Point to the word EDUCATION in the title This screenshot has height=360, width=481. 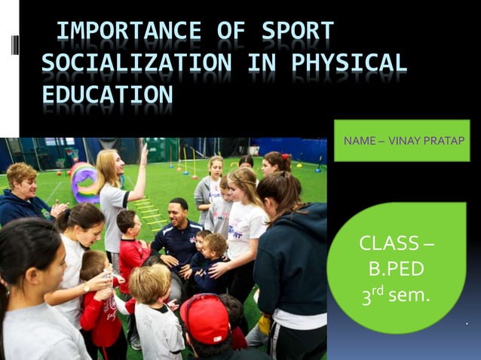click(x=106, y=96)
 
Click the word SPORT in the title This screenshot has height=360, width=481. click(x=297, y=32)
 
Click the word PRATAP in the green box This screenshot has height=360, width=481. click(x=444, y=141)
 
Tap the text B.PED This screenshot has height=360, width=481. click(x=397, y=269)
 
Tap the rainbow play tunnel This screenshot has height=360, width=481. click(x=83, y=181)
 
